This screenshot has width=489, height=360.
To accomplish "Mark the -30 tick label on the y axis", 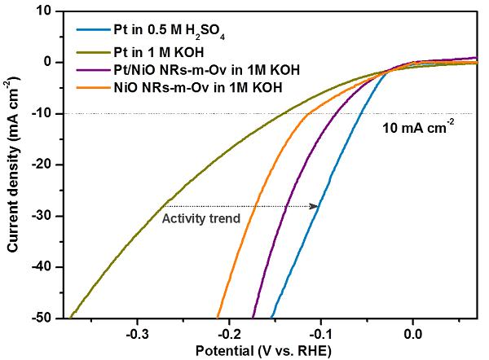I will tap(42, 216).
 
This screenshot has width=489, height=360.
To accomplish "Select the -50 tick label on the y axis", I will tap(42, 318).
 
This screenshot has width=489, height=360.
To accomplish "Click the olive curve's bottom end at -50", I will tap(71, 316).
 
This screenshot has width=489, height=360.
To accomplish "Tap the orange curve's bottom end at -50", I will tap(218, 316).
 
